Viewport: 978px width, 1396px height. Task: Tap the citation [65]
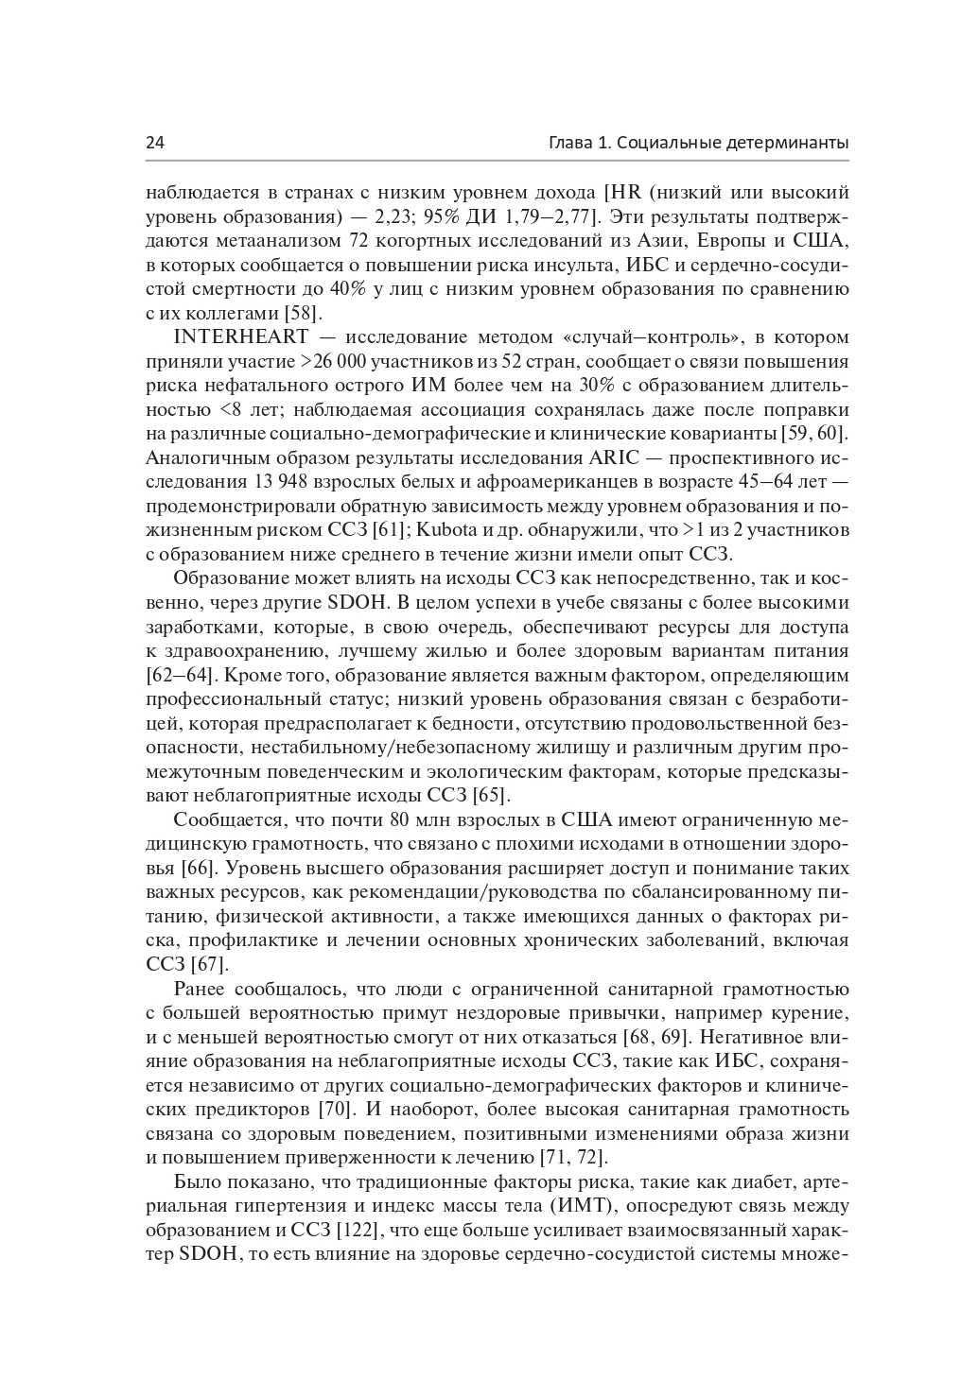492,795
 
